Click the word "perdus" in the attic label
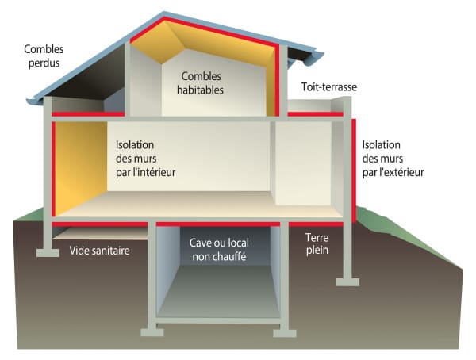(x=44, y=63)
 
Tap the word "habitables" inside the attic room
(x=200, y=90)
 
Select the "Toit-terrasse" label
(x=329, y=86)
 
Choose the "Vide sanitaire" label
(x=99, y=251)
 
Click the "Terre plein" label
(x=317, y=243)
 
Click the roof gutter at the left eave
(x=36, y=101)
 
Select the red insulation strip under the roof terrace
(x=316, y=114)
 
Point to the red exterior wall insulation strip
(x=354, y=171)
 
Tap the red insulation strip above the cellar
(x=218, y=224)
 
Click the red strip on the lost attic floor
(x=88, y=114)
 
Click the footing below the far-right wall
(x=348, y=282)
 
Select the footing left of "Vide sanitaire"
(x=48, y=253)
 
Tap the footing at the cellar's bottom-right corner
(x=285, y=333)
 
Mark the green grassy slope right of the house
(x=407, y=234)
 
